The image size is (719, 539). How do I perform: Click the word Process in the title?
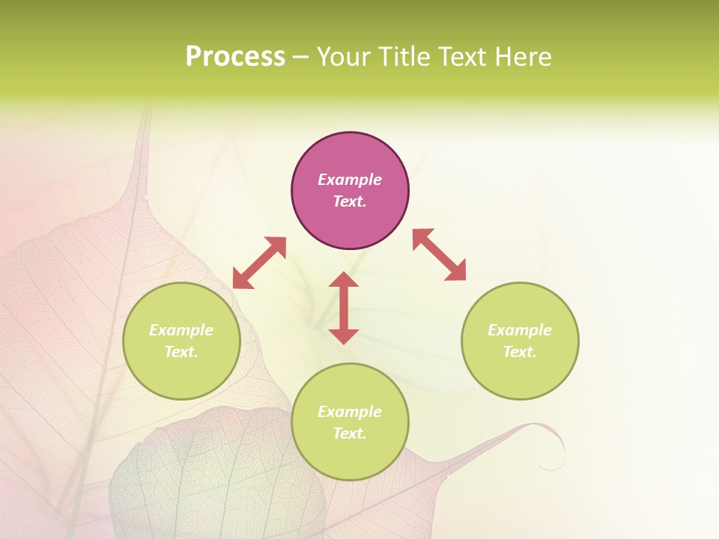(x=235, y=57)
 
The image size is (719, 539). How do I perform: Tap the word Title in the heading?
(x=404, y=57)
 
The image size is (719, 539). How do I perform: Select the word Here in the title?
(x=524, y=57)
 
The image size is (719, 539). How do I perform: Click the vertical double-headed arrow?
(x=344, y=308)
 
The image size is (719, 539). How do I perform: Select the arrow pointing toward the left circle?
(x=259, y=263)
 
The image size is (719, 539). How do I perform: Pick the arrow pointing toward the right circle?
(x=440, y=255)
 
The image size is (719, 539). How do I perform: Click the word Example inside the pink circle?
(x=350, y=180)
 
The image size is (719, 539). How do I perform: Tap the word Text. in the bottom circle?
(x=350, y=433)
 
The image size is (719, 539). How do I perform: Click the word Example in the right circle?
(x=520, y=330)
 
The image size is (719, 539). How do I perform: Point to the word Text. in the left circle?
(x=181, y=352)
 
